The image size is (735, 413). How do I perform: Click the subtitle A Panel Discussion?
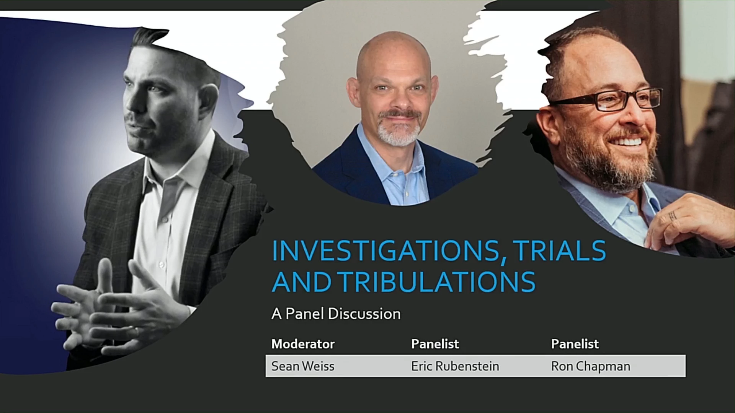[336, 314]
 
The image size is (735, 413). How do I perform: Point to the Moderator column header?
[303, 344]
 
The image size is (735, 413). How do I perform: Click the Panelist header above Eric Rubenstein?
[435, 344]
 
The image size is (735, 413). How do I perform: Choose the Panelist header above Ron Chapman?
[575, 344]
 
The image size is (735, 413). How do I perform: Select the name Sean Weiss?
[303, 366]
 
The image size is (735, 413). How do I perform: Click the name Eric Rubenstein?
[455, 366]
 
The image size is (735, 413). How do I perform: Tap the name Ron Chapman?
[591, 366]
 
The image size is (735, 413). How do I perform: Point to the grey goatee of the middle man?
[398, 128]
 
